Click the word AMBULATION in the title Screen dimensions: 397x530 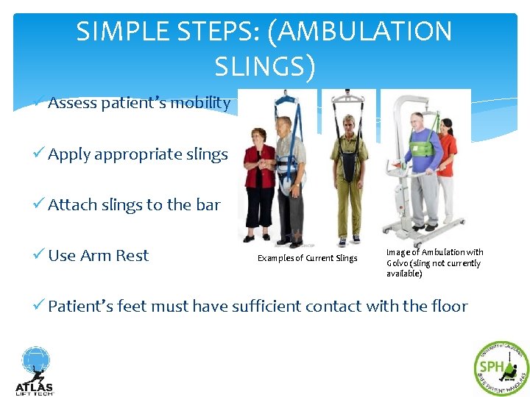[366, 32]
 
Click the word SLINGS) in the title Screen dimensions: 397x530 [265, 67]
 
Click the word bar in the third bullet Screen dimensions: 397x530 [208, 205]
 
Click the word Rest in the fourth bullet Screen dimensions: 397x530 [132, 256]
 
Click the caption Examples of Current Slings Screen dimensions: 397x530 [307, 258]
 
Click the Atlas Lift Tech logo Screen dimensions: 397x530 [34, 371]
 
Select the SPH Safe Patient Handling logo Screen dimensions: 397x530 [501, 368]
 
